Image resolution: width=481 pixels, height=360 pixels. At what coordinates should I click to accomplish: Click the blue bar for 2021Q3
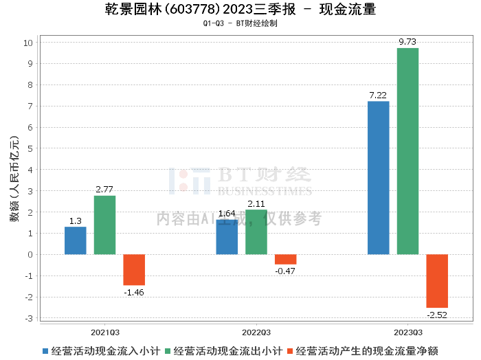(x=76, y=240)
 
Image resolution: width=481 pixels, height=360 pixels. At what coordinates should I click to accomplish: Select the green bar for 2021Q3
(x=104, y=225)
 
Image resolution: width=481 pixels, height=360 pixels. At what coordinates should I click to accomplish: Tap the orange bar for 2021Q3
(x=134, y=270)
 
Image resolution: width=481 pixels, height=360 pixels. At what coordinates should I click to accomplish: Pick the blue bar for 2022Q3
(x=227, y=237)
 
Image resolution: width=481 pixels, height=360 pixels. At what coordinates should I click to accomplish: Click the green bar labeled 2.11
(x=256, y=232)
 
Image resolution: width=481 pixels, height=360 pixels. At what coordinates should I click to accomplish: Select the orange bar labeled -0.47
(x=286, y=260)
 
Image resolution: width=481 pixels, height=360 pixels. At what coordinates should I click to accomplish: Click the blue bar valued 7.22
(x=378, y=178)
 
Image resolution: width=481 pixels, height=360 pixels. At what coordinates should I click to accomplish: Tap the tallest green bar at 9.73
(x=407, y=151)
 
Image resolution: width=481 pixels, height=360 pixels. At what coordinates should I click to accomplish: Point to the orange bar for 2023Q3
(x=437, y=281)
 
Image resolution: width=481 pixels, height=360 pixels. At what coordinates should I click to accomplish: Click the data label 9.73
(x=407, y=42)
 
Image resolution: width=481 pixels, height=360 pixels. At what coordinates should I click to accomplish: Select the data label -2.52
(x=437, y=315)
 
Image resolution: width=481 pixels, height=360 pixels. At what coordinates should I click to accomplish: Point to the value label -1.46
(x=134, y=293)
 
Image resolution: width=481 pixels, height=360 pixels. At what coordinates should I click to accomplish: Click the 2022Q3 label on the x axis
(x=256, y=333)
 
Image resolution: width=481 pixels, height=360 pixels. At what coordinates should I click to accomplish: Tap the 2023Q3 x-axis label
(x=408, y=333)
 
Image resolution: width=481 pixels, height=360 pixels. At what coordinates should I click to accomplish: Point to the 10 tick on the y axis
(x=28, y=43)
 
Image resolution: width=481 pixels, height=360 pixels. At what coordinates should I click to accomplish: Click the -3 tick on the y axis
(x=29, y=318)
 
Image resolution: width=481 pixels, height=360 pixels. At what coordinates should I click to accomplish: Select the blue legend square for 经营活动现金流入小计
(x=45, y=351)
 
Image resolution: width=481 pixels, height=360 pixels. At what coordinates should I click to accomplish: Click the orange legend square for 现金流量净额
(x=290, y=351)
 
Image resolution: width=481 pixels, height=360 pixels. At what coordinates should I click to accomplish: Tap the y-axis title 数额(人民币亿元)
(x=14, y=179)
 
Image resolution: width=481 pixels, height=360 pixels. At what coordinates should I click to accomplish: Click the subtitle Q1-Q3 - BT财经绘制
(x=240, y=23)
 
